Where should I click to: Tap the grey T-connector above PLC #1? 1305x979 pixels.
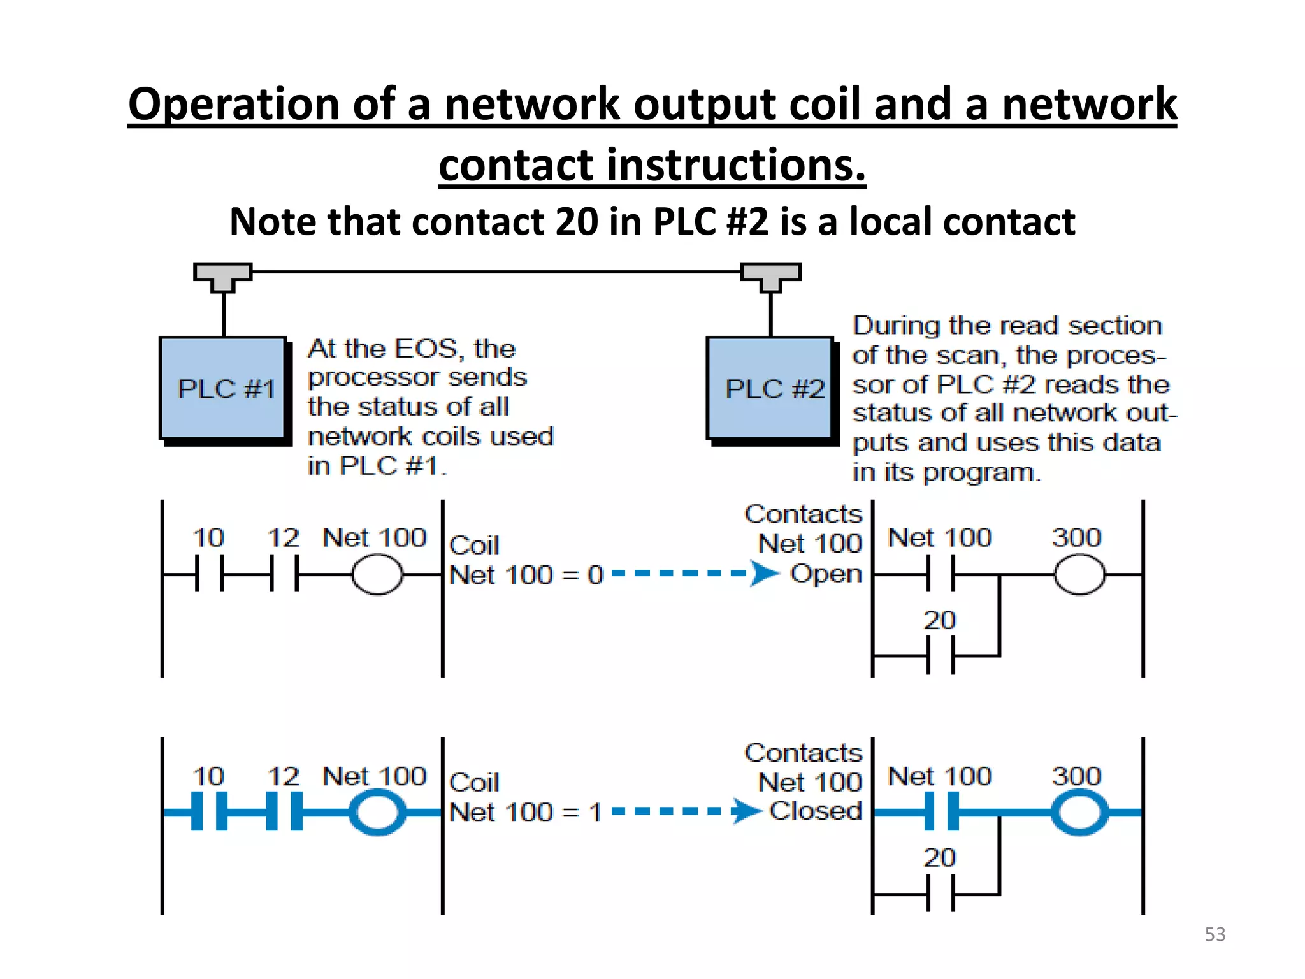tap(223, 276)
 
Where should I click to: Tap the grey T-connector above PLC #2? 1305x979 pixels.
tap(770, 276)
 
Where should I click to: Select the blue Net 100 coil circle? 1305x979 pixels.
tap(377, 812)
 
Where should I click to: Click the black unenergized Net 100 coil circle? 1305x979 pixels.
tap(377, 574)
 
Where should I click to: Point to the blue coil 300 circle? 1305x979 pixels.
tap(1079, 812)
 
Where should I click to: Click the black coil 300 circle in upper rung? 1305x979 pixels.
tap(1079, 574)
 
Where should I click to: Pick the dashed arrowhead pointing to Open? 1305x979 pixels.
tap(764, 573)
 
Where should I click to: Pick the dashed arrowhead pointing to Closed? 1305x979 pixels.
tap(746, 811)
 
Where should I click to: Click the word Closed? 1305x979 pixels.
tap(816, 811)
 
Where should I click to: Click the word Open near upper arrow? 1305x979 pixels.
tap(826, 573)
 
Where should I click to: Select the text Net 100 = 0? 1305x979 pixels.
tap(526, 575)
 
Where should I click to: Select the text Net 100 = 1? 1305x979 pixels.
tap(525, 812)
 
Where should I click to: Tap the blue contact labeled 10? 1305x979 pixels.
tap(209, 811)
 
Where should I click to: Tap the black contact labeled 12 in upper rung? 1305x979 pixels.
tap(284, 574)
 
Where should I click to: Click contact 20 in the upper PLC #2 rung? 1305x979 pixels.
tap(941, 655)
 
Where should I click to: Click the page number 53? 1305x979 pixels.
tap(1215, 934)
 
